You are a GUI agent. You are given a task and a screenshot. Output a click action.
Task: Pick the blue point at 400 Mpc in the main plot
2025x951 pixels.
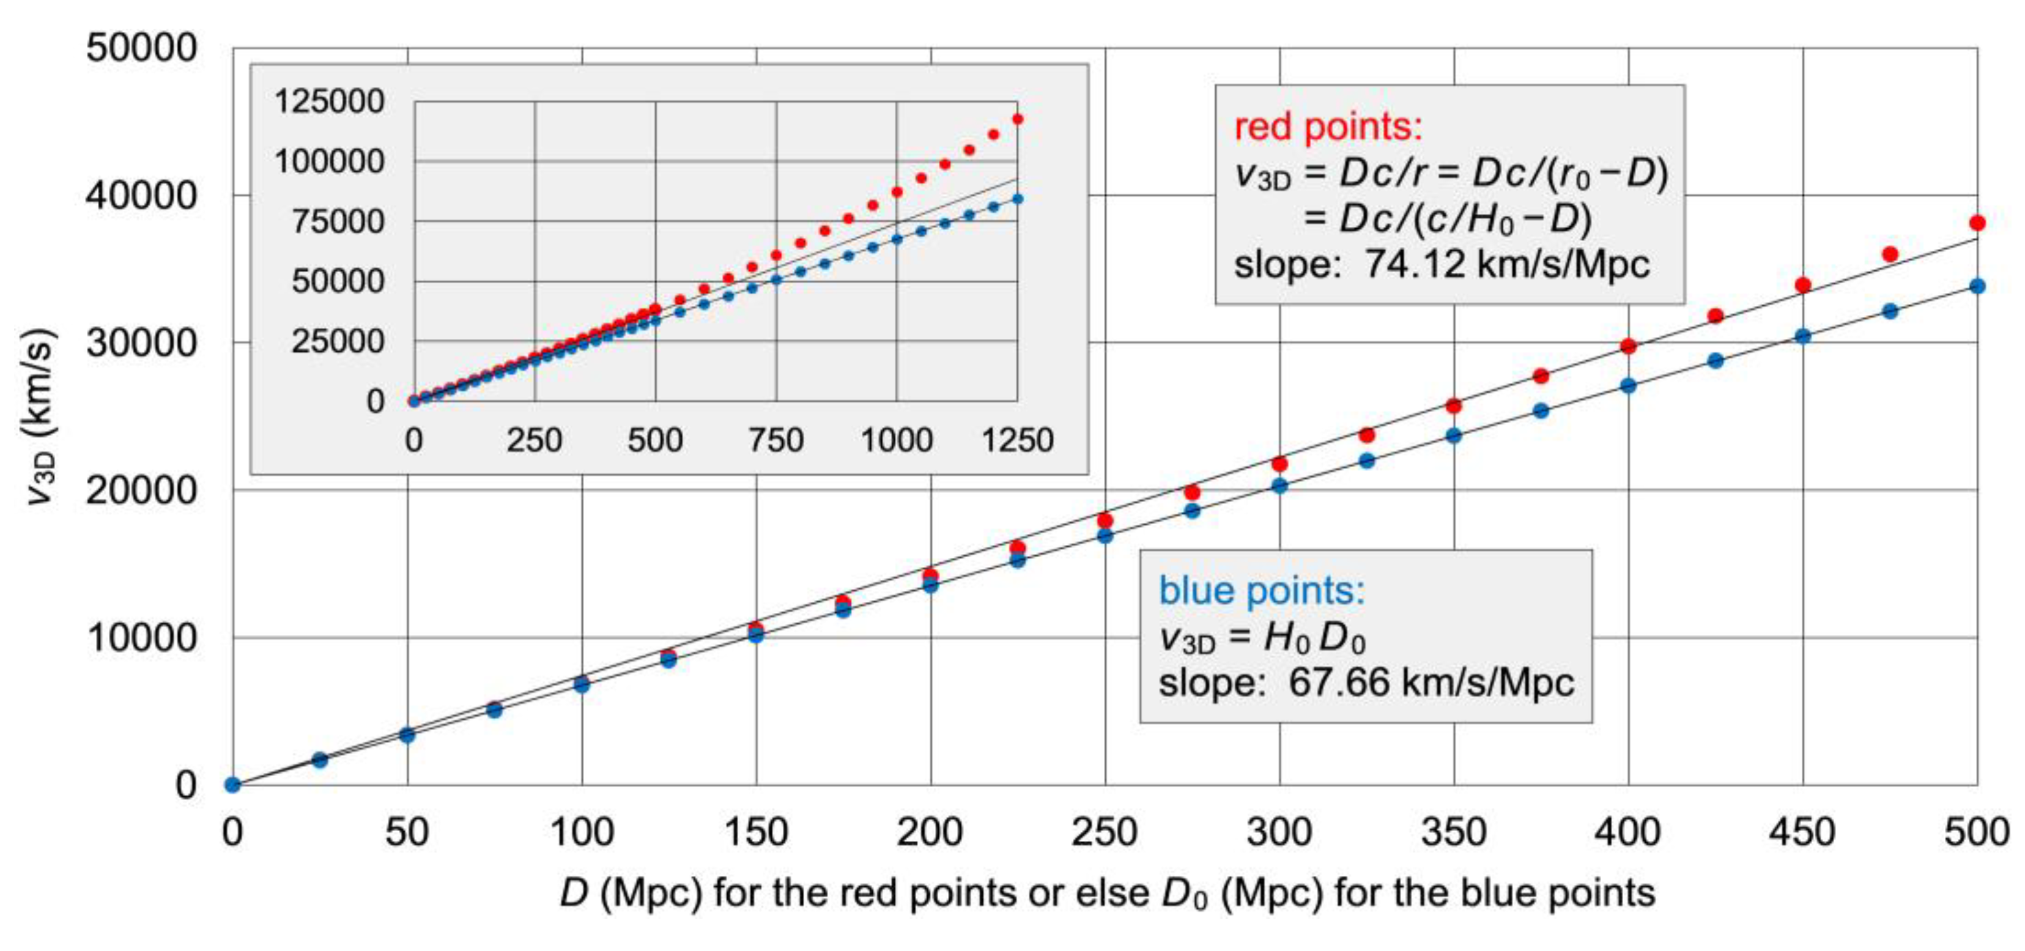pyautogui.click(x=1629, y=386)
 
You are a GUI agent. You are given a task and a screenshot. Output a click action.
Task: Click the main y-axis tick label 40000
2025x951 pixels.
pyautogui.click(x=141, y=195)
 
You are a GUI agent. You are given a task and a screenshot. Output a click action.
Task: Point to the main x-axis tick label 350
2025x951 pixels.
pyautogui.click(x=1454, y=832)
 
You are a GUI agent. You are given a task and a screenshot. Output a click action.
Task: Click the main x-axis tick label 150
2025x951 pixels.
pyautogui.click(x=755, y=832)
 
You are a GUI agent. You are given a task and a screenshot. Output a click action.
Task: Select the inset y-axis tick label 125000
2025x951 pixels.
pyautogui.click(x=328, y=102)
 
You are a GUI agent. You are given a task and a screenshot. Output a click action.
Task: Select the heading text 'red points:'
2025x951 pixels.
pyautogui.click(x=1328, y=127)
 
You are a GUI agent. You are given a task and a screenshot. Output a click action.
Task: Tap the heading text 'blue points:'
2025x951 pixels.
pyautogui.click(x=1262, y=590)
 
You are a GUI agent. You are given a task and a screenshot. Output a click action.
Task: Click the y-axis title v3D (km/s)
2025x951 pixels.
pyautogui.click(x=38, y=416)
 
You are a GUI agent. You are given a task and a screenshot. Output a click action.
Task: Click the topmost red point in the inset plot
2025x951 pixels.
pyautogui.click(x=1017, y=119)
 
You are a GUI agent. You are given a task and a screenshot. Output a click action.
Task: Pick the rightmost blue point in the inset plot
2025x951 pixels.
pyautogui.click(x=1017, y=199)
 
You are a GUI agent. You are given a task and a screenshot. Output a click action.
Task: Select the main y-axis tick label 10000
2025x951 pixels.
pyautogui.click(x=141, y=637)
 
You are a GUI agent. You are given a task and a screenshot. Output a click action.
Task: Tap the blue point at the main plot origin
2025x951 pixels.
pyautogui.click(x=232, y=785)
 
